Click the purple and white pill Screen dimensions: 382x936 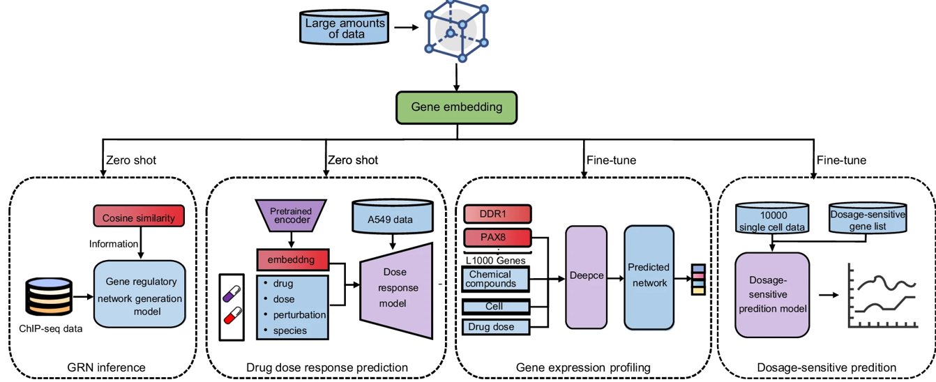click(x=231, y=287)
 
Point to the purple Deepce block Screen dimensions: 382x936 click(x=586, y=276)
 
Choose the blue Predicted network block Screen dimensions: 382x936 click(x=649, y=276)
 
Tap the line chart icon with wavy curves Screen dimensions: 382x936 click(x=880, y=296)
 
